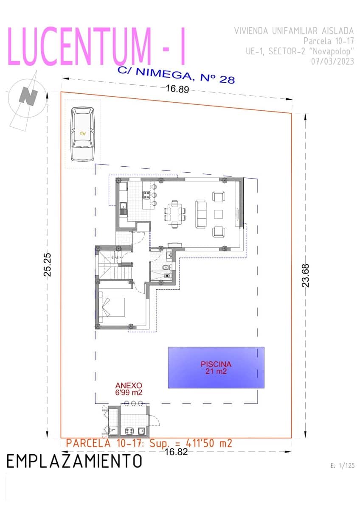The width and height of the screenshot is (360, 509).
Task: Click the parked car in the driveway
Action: point(82,134)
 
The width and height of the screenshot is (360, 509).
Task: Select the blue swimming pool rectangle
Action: point(216,367)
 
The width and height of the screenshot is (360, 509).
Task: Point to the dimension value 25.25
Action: point(48,266)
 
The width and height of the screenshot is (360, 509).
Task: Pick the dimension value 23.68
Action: point(305,275)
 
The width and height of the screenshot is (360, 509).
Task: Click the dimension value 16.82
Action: point(176,452)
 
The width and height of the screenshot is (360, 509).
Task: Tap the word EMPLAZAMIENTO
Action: point(74,461)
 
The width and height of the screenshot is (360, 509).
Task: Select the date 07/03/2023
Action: point(332,61)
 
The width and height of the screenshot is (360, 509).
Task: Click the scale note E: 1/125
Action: point(342,466)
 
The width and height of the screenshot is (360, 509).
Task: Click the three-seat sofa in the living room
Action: point(201,214)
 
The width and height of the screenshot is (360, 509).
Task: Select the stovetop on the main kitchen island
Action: point(146,195)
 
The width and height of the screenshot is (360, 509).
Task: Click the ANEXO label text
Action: point(129,386)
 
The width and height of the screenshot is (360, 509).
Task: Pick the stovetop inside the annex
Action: point(129,431)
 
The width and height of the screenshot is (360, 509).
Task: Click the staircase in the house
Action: point(115,264)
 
